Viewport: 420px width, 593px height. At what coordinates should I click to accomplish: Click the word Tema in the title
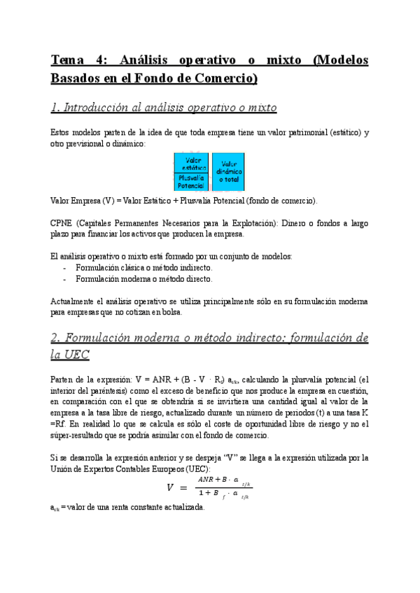point(66,60)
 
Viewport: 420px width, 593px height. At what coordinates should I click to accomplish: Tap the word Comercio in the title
point(225,78)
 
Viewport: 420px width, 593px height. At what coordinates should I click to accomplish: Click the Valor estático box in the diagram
point(190,164)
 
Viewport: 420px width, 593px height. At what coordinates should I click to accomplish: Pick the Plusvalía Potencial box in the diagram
point(190,182)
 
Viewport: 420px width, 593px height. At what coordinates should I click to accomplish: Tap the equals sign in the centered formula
point(183,488)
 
